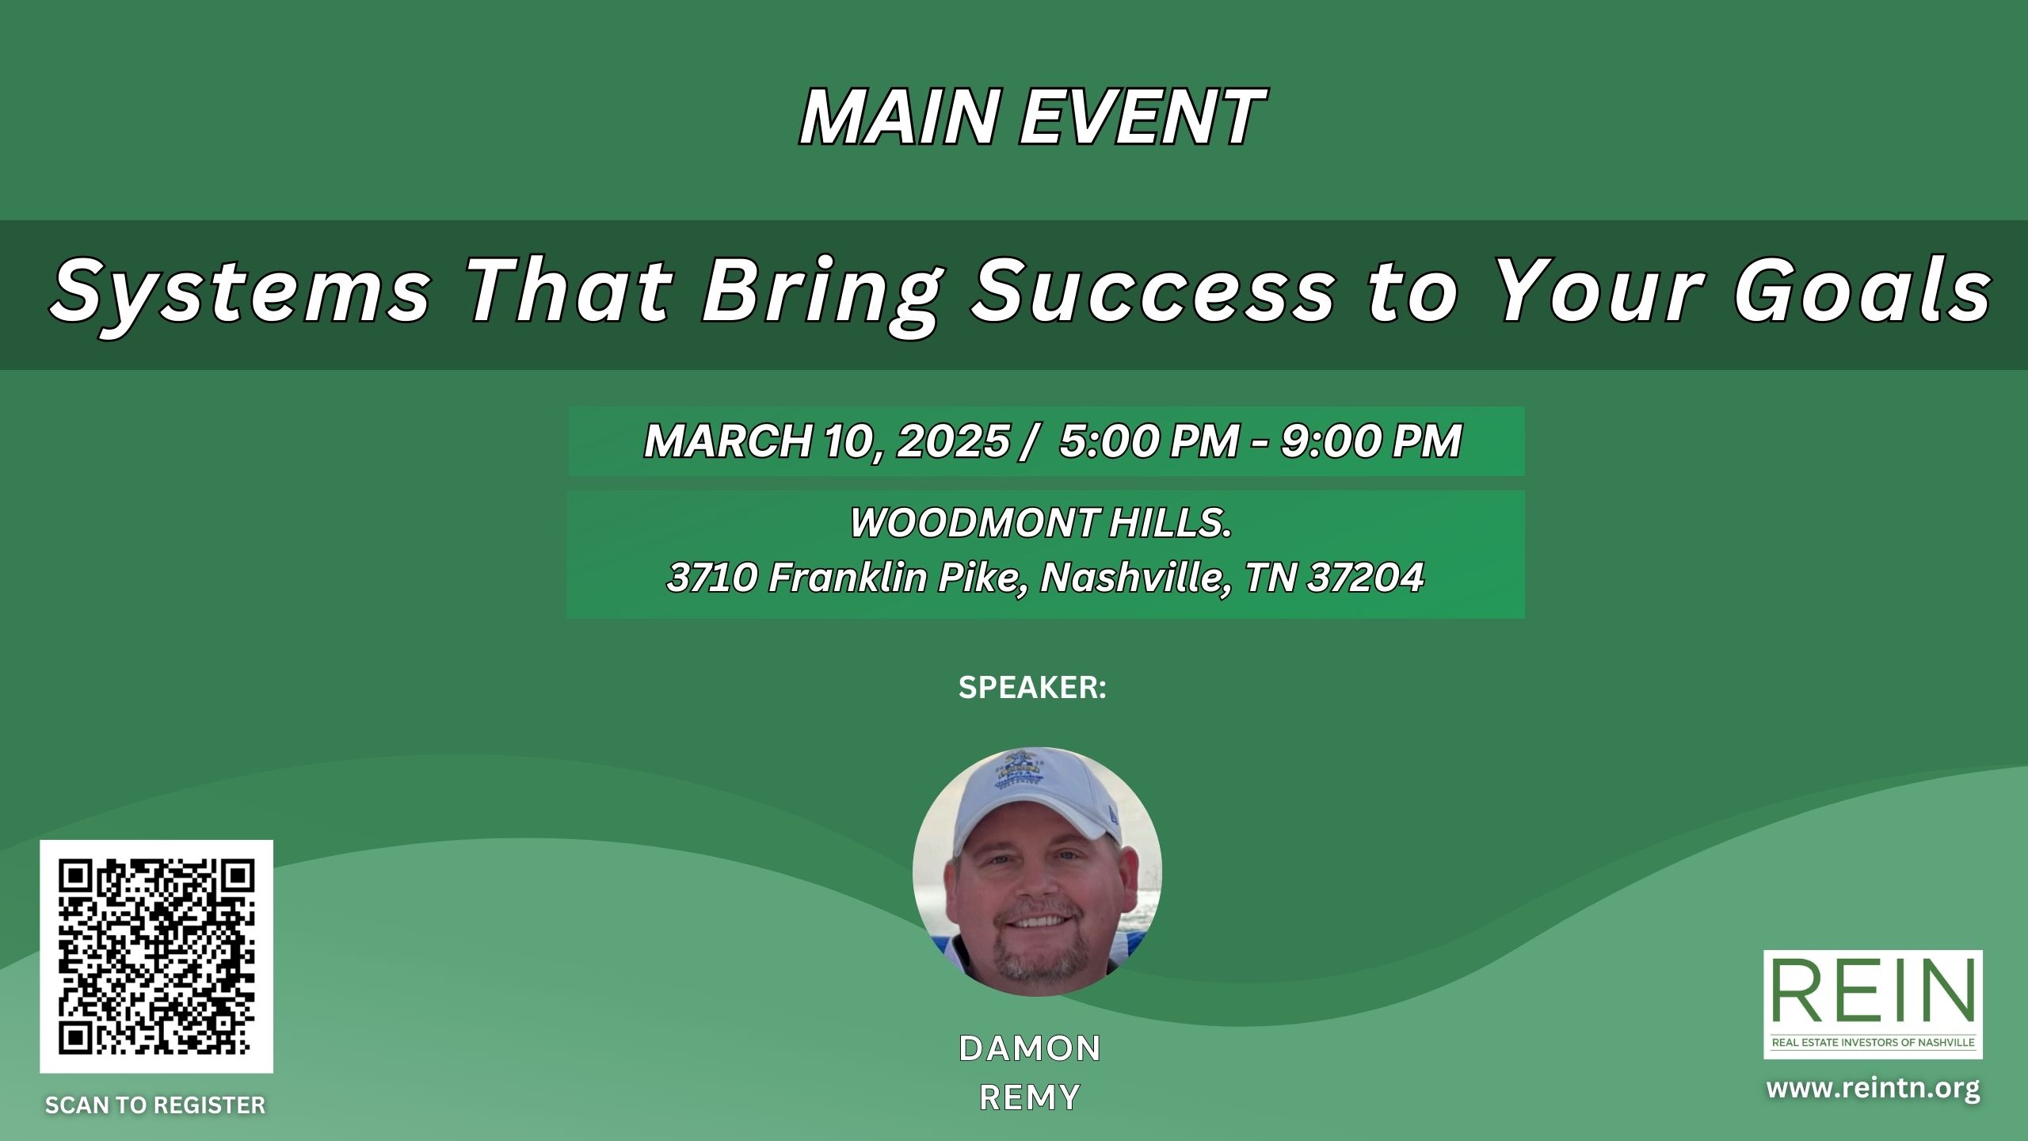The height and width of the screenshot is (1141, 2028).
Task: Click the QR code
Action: (x=157, y=956)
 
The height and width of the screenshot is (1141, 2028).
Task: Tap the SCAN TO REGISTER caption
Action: (x=155, y=1105)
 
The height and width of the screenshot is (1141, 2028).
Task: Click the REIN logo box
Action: (x=1873, y=1004)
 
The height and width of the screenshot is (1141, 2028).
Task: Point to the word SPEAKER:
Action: (x=1032, y=688)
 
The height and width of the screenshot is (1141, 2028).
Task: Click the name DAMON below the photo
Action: (x=1030, y=1048)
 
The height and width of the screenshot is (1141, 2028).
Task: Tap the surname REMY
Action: (x=1030, y=1098)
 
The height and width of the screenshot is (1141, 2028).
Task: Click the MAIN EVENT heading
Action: (x=1031, y=117)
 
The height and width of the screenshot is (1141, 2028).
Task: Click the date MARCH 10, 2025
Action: (x=827, y=441)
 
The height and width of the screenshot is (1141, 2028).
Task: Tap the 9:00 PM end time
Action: (x=1371, y=441)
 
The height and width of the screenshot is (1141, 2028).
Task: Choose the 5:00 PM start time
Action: (x=1149, y=441)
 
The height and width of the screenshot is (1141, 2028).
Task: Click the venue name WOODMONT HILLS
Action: (x=1041, y=523)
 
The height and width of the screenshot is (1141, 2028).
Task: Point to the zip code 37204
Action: (x=1366, y=578)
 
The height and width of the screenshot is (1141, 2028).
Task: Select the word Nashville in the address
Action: (x=1136, y=578)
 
